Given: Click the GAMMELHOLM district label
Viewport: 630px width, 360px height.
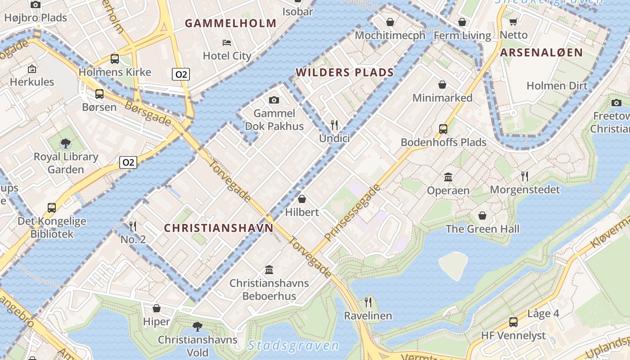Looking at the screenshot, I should point(230,23).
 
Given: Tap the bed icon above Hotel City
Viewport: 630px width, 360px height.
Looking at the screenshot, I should point(227,43).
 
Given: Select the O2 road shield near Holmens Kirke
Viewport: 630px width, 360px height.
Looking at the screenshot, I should point(180,74).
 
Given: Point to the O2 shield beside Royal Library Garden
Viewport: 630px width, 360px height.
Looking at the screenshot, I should point(128,162).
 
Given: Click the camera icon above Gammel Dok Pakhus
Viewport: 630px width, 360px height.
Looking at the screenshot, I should point(274,100).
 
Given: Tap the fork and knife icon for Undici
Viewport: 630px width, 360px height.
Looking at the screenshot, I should point(334,125).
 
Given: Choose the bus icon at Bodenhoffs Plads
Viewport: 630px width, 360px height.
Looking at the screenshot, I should point(443,129).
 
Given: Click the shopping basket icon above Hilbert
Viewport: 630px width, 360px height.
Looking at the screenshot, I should point(302,199).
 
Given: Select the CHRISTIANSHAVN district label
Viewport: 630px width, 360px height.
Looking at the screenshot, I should point(218,228).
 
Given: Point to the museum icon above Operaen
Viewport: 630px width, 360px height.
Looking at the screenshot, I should point(448,177).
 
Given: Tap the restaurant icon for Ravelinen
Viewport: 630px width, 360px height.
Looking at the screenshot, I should point(368,302).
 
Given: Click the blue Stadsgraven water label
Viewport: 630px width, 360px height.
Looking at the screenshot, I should point(293,345).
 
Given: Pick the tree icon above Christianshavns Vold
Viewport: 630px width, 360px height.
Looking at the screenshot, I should point(197,326).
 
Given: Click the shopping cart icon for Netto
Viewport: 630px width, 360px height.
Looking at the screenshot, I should point(513,22).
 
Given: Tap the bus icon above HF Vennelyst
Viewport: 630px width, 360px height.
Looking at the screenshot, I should point(513,322).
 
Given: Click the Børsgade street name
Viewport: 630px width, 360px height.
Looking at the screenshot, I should point(148,113).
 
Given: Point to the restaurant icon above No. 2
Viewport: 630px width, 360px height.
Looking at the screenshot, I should point(133,226).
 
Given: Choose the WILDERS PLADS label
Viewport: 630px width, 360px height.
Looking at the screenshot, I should point(344,72).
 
